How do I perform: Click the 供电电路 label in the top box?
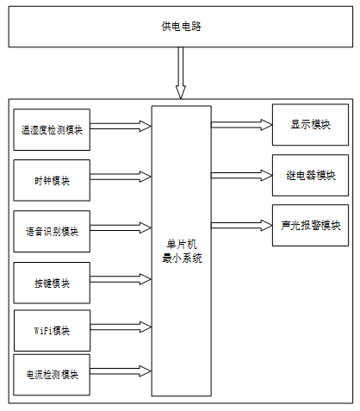point(181,27)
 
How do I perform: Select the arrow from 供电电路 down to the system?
point(181,73)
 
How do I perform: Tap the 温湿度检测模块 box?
point(52,129)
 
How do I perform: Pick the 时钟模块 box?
point(52,180)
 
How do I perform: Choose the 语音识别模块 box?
point(52,232)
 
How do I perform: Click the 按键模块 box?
point(52,283)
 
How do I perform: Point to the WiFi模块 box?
point(52,331)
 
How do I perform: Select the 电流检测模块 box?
point(52,375)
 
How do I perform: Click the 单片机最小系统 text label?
point(182,252)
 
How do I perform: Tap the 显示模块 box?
point(310,125)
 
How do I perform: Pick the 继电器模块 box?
point(310,175)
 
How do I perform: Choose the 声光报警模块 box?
point(310,225)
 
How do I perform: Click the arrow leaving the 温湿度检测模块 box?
point(121,126)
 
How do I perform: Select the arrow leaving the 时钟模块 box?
point(121,177)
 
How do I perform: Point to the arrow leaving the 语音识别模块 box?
point(121,227)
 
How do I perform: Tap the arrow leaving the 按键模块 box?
point(121,279)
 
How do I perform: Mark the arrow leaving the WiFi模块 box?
point(121,327)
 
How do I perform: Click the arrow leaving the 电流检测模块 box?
point(121,371)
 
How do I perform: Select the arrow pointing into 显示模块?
point(242,125)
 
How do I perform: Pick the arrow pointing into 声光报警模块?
point(242,225)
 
